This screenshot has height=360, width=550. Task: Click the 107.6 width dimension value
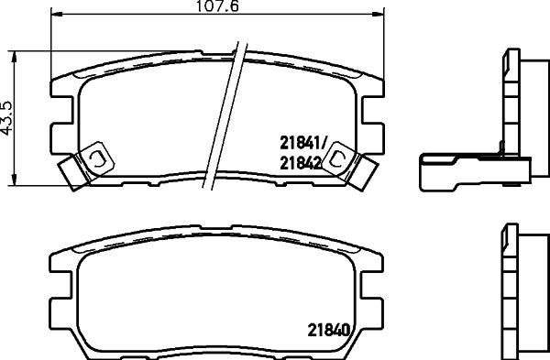click(x=217, y=6)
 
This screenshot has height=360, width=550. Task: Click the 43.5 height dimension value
click(x=6, y=118)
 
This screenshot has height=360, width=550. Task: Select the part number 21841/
click(x=303, y=143)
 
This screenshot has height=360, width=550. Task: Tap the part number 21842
click(x=301, y=163)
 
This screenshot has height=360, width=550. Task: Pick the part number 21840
click(x=329, y=330)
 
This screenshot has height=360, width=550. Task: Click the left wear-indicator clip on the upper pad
click(x=87, y=166)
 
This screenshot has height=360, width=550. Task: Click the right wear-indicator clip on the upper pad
click(x=348, y=166)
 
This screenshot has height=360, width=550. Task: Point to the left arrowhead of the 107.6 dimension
click(x=57, y=14)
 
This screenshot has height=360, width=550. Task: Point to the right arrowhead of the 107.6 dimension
click(x=378, y=14)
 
